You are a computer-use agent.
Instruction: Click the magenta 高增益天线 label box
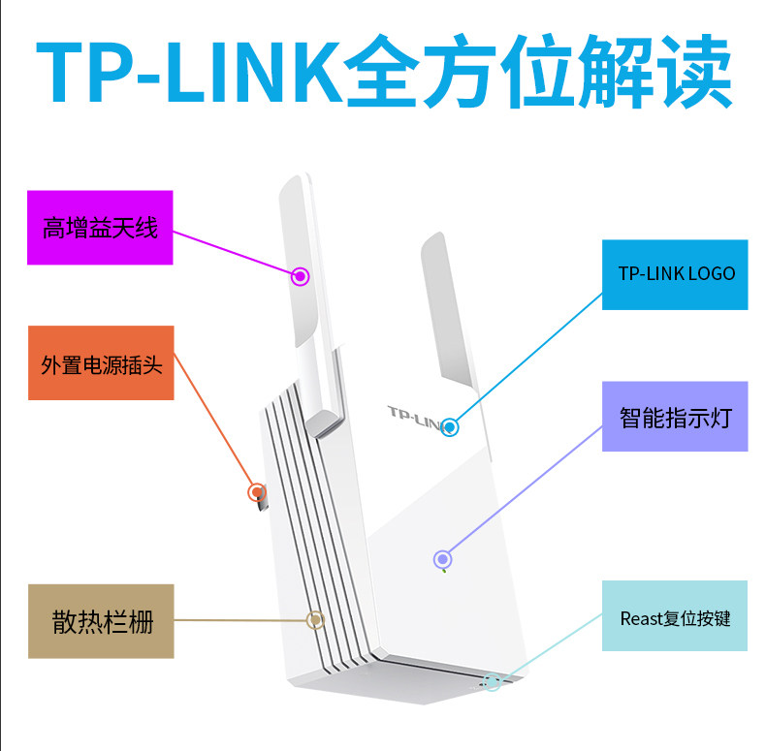pos(99,228)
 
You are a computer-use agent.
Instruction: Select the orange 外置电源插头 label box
pos(101,363)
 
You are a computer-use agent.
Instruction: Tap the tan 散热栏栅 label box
pos(101,621)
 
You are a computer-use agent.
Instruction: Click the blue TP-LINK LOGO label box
pos(675,274)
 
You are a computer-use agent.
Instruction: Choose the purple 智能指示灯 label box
pos(675,417)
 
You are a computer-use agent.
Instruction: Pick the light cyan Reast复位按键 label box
pos(675,616)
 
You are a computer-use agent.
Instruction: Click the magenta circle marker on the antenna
pos(301,276)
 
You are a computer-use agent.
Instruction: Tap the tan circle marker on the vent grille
pos(314,620)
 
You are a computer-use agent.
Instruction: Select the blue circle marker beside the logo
pos(449,425)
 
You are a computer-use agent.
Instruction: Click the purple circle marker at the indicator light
pos(442,558)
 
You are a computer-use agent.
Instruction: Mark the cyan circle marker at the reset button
pos(493,682)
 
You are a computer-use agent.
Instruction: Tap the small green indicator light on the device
pos(444,570)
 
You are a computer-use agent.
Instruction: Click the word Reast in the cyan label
pos(642,617)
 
